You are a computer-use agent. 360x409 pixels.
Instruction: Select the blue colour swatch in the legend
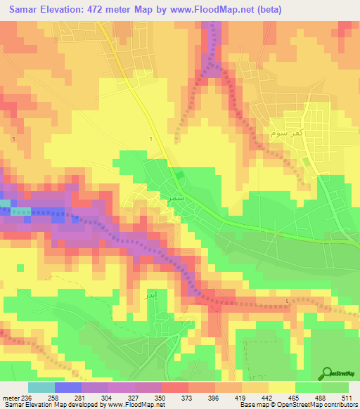tap(67, 387)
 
